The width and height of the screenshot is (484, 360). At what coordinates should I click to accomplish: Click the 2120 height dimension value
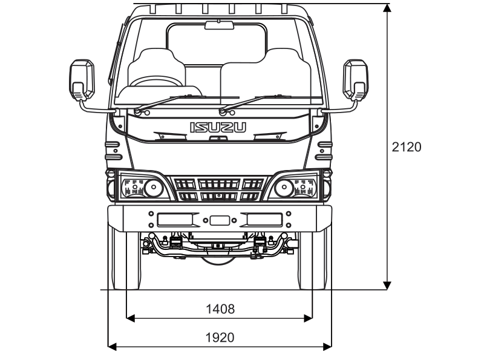pyautogui.click(x=406, y=147)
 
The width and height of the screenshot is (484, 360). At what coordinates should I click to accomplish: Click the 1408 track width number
pyautogui.click(x=220, y=309)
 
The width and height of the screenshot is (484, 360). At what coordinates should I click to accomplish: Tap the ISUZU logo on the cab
pyautogui.click(x=219, y=127)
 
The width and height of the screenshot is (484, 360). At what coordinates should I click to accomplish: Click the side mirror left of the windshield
pyautogui.click(x=82, y=79)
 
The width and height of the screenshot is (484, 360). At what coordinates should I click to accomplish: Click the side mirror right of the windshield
pyautogui.click(x=355, y=79)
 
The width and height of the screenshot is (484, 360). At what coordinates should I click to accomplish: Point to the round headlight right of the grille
pyautogui.click(x=284, y=188)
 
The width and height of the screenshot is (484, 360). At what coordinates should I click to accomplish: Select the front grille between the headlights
pyautogui.click(x=219, y=189)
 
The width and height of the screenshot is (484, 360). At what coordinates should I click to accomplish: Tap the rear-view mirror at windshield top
pyautogui.click(x=219, y=25)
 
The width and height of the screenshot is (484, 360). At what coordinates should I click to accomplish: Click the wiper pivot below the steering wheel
pyautogui.click(x=138, y=111)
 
